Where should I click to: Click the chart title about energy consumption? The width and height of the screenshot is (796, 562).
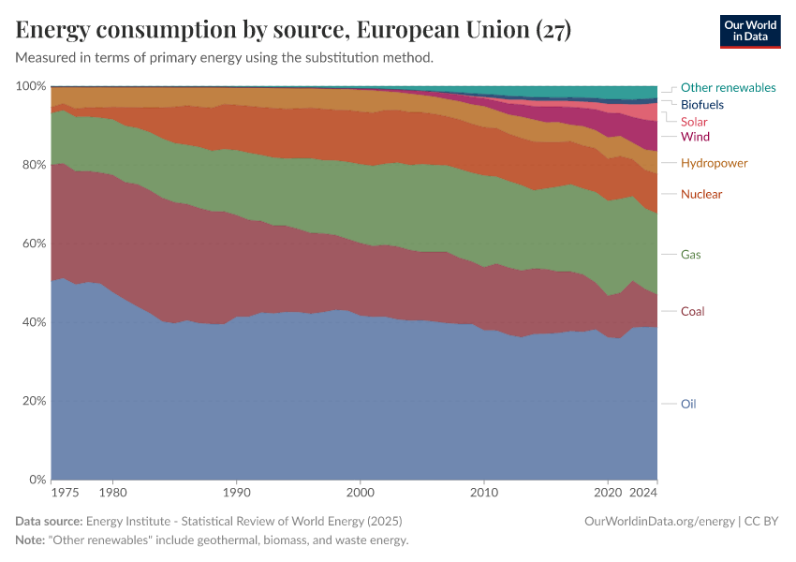[293, 30]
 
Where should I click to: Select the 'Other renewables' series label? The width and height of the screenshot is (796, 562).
[728, 87]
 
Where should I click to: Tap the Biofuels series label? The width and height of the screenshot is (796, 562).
[701, 104]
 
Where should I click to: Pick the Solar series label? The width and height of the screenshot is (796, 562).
[694, 121]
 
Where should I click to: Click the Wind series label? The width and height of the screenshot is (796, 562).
[695, 137]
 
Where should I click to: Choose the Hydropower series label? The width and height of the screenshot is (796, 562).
[714, 163]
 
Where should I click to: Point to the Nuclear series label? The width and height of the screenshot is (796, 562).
[701, 194]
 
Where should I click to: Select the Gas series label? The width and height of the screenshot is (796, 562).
[690, 254]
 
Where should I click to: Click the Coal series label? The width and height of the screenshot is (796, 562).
[692, 311]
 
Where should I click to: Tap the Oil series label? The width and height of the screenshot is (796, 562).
[688, 404]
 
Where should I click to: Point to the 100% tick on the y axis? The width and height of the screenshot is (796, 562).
[31, 86]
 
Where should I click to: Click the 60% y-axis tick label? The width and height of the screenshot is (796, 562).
[33, 244]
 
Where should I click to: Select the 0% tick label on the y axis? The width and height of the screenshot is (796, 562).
[37, 480]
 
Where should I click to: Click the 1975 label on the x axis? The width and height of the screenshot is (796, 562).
[65, 491]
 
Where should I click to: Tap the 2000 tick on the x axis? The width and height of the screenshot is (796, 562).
[360, 491]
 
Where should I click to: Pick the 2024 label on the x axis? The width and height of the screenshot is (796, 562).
[644, 491]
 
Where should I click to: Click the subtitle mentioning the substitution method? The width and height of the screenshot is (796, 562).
[225, 57]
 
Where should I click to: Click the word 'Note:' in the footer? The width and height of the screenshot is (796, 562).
[32, 540]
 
